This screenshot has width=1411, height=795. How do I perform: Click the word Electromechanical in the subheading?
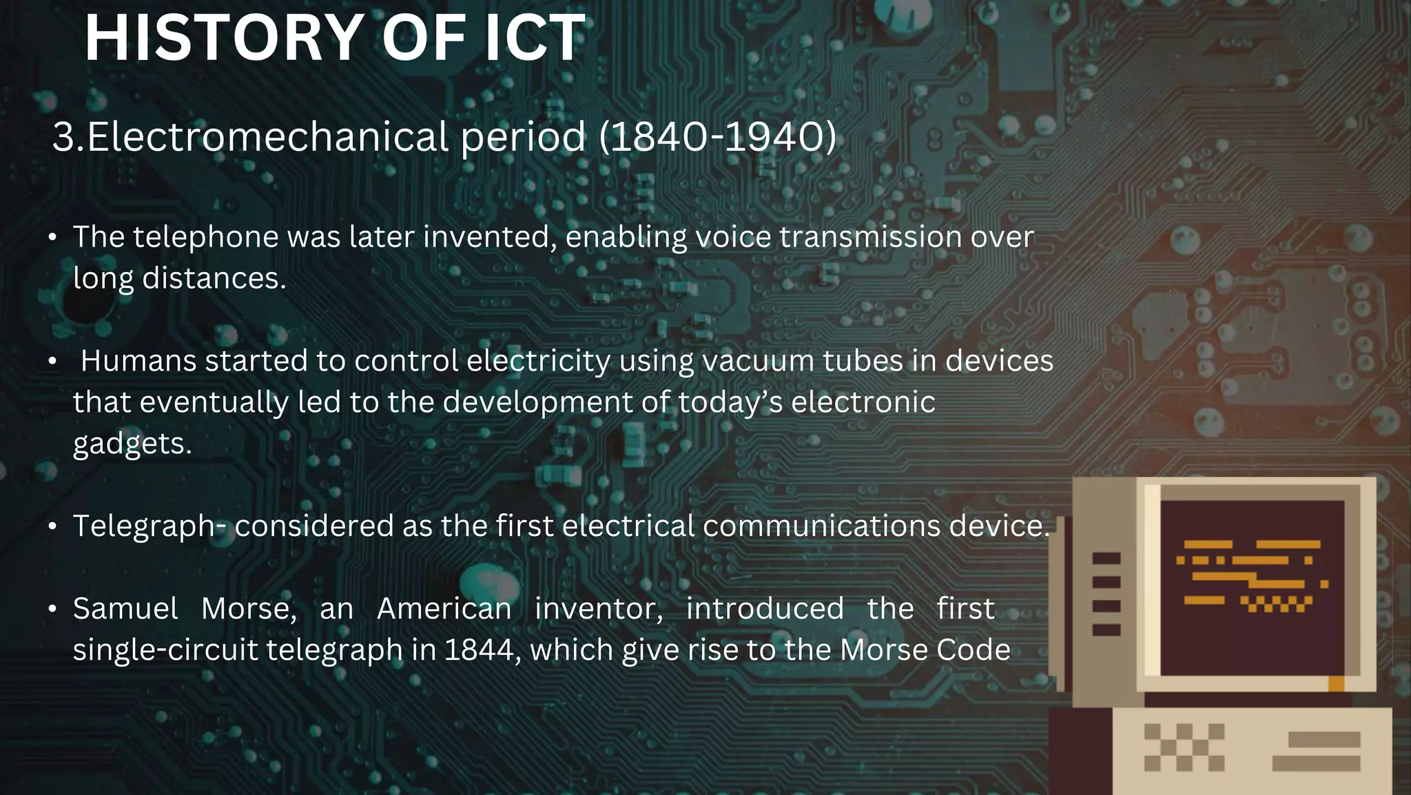tap(269, 136)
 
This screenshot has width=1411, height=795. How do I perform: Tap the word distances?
tap(214, 278)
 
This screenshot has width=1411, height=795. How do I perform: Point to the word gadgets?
tap(132, 444)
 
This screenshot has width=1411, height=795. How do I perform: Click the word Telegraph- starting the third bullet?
tap(150, 526)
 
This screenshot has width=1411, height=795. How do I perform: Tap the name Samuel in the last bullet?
tap(125, 609)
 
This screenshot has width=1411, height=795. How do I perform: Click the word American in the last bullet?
tap(444, 609)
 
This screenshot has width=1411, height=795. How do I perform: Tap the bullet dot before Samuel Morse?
tap(52, 610)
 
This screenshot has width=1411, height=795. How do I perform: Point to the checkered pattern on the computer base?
tap(1184, 747)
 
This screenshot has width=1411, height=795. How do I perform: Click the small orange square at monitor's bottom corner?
tap(1336, 683)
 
